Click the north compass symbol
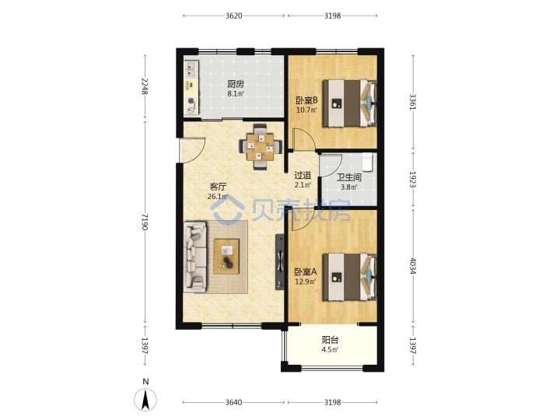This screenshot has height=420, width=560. click(145, 399)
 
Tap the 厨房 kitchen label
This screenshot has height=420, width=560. click(236, 84)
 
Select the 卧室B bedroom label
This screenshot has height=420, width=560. click(306, 100)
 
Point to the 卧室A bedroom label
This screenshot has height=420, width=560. click(306, 271)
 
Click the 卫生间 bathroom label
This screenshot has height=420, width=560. click(348, 177)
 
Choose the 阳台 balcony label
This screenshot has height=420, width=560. click(330, 340)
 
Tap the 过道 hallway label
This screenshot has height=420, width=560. click(303, 175)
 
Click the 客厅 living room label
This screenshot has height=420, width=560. click(218, 187)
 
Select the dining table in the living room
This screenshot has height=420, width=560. click(261, 146)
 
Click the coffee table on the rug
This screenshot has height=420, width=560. click(226, 257)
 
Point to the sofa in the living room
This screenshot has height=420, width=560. click(195, 257)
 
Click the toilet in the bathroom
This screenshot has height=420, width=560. click(367, 163)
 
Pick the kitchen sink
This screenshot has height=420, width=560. click(191, 70)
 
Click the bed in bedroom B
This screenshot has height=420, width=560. click(349, 103)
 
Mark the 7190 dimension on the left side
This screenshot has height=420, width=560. click(145, 222)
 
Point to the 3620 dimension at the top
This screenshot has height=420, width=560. click(233, 16)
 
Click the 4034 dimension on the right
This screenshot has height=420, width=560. click(413, 266)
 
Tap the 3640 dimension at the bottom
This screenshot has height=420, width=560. click(233, 403)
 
